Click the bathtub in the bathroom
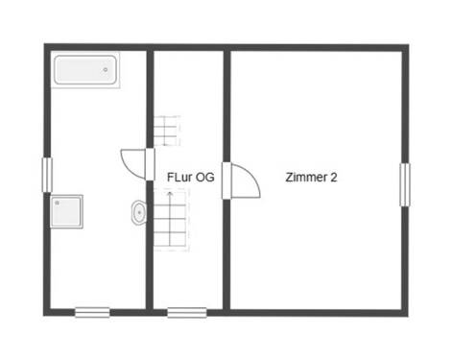84,70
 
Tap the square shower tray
66,211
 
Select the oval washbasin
138,212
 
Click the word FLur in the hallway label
179,178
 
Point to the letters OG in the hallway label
204,178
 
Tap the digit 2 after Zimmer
333,178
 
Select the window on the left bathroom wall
46,174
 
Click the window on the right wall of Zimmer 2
404,183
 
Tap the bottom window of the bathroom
92,311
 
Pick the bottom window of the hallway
186,311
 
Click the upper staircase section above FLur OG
167,130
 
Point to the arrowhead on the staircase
171,193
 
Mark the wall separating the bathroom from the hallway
150,96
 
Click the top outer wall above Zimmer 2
317,46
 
